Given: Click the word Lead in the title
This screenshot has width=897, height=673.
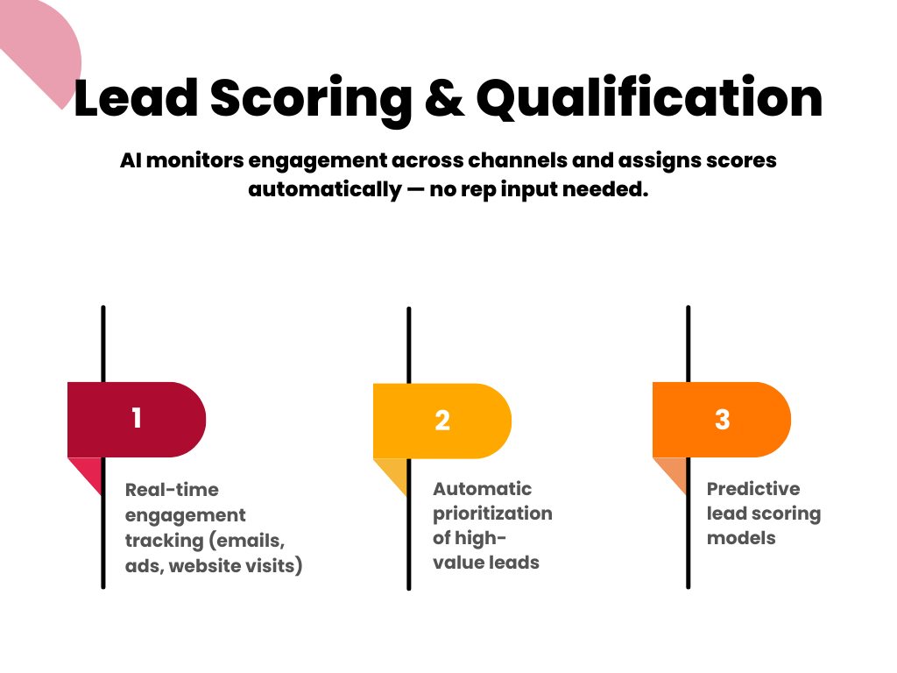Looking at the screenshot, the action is [x=136, y=97].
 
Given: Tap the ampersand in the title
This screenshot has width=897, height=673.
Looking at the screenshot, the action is [x=444, y=98].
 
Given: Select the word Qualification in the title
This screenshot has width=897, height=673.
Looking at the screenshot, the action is [x=649, y=98].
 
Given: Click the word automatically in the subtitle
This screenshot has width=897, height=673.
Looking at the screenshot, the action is [x=325, y=190].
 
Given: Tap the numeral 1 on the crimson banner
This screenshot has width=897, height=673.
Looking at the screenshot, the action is [x=136, y=418].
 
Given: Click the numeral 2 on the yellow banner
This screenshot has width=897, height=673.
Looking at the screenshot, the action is [x=442, y=421].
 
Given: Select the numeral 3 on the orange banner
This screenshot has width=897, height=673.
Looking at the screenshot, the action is [x=722, y=420].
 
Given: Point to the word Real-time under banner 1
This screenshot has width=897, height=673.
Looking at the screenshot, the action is [x=172, y=490].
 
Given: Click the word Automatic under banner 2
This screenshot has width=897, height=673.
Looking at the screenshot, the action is [x=483, y=489].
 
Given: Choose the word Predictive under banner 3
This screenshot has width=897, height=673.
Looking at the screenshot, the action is [x=753, y=489].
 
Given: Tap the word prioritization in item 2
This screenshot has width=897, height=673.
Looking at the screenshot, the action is [x=492, y=514].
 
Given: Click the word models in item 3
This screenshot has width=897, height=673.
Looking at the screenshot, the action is [x=741, y=538].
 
